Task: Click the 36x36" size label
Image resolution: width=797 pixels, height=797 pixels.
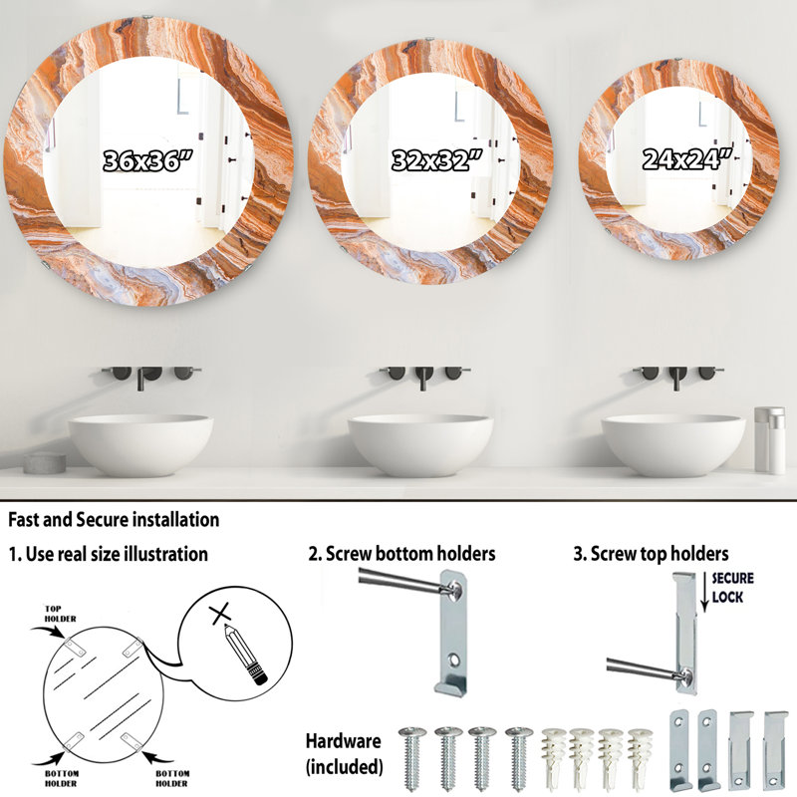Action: pos(147,160)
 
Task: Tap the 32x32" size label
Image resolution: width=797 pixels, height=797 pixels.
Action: pos(436,160)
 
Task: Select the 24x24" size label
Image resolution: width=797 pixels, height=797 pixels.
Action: pos(687,159)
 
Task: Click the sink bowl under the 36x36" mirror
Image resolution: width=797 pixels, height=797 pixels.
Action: pos(140,445)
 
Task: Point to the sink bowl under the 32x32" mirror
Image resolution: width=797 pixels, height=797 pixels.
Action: pos(420,445)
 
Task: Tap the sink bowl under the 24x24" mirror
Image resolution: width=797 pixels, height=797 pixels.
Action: pos(673,445)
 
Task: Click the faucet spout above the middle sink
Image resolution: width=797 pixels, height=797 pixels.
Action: pos(422,379)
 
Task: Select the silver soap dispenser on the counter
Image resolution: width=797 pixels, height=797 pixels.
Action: pos(769,440)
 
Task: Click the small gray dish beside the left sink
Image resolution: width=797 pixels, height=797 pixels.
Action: pos(45,462)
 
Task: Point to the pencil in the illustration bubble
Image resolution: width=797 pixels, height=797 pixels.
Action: pos(245,655)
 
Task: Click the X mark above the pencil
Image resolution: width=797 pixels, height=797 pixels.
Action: pos(220,614)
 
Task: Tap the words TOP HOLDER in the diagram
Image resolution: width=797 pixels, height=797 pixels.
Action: pos(60,614)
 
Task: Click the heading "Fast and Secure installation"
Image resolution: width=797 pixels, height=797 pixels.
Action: pos(114,519)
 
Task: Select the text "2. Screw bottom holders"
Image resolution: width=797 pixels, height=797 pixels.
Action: pos(401,554)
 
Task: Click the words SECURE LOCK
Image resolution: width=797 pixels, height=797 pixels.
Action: pos(732,587)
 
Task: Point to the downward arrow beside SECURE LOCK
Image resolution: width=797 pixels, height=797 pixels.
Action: pos(704,592)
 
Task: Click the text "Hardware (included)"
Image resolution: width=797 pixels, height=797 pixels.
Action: pos(344,753)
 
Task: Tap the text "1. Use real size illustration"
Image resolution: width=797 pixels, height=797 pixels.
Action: pos(109,554)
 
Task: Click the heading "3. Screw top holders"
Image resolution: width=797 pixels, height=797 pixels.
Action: pos(651,554)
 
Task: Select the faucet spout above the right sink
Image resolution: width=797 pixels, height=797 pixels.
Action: pos(676,379)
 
